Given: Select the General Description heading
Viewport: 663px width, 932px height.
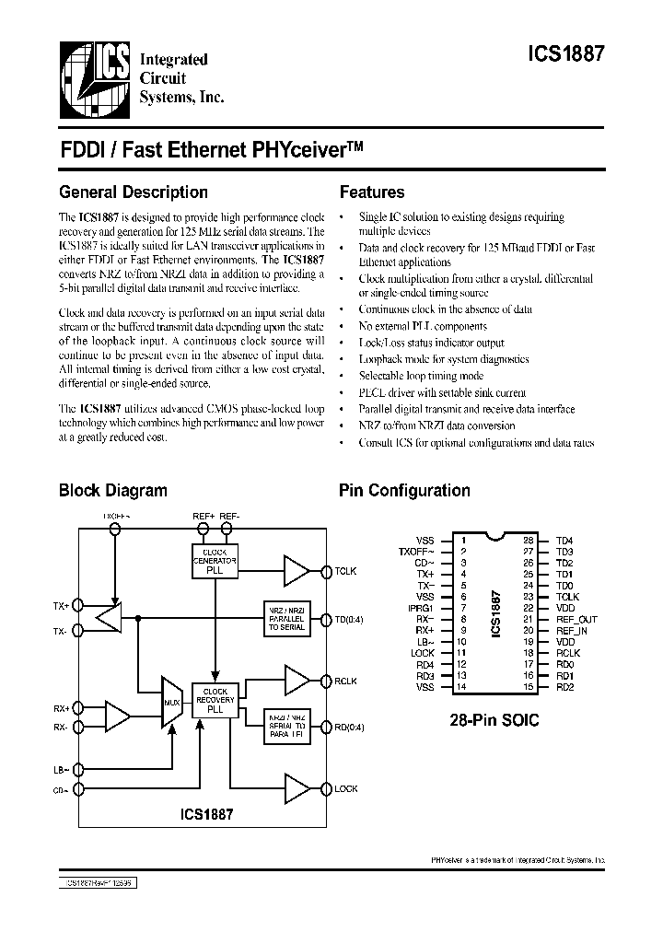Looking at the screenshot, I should tap(134, 192).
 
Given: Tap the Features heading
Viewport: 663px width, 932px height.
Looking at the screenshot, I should tap(372, 192).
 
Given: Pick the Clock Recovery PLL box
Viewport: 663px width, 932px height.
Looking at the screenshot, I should tap(215, 700).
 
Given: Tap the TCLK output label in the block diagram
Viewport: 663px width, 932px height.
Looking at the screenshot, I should tap(346, 572).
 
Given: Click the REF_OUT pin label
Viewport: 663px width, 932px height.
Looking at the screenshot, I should tap(576, 620).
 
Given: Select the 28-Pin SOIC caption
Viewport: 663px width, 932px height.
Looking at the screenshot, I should tap(494, 721).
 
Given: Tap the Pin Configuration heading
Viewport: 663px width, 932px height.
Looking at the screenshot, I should tap(404, 491).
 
